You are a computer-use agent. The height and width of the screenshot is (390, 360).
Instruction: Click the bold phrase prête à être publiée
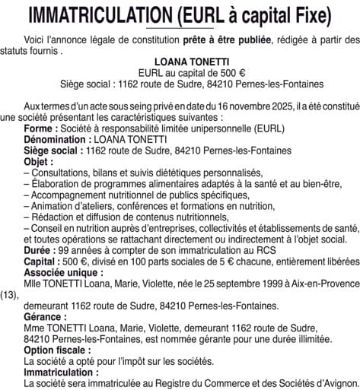coord(210,38)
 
